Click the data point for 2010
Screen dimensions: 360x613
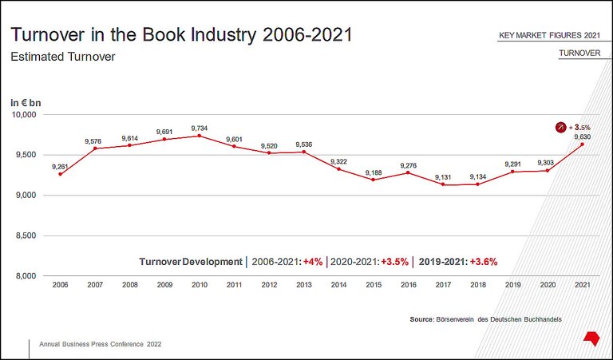[200, 136]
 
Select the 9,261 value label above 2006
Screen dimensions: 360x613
[60, 166]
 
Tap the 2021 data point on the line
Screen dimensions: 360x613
[582, 144]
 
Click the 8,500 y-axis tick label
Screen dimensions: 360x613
[26, 235]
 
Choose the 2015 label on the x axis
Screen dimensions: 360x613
[374, 285]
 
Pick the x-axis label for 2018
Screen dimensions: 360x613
[477, 285]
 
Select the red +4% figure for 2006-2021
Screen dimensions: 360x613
[313, 262]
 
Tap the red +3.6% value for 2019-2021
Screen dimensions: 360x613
[484, 262]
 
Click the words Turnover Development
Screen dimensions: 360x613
[190, 262]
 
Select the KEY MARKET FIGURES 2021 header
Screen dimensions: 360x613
[549, 36]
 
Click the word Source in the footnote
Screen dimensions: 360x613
[421, 319]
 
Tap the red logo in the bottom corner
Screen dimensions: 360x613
[591, 338]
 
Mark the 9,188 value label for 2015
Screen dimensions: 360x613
[374, 172]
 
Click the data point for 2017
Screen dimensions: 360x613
[443, 184]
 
